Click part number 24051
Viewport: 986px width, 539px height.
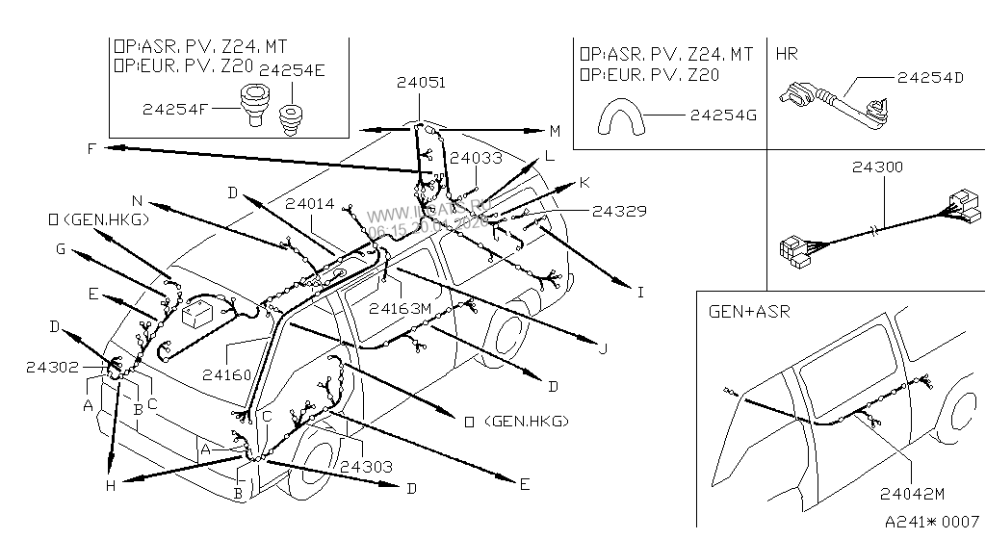(x=420, y=84)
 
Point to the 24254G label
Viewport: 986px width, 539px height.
(x=722, y=115)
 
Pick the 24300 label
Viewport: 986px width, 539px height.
(x=877, y=167)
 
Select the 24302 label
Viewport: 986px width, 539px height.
(x=53, y=367)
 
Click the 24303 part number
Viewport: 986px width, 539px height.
(x=365, y=468)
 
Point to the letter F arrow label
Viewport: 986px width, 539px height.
(x=90, y=148)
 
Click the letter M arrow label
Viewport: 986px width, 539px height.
(x=555, y=131)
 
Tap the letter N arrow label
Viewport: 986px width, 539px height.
(x=137, y=201)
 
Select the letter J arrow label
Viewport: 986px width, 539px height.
(x=603, y=348)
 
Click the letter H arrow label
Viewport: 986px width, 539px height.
(x=111, y=486)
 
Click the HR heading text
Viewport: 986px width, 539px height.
(x=787, y=55)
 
